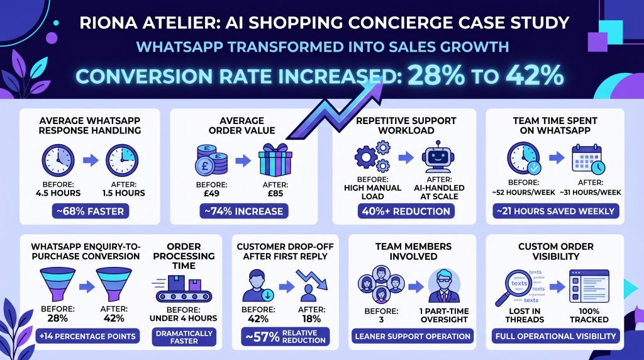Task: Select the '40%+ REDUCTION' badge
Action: coord(406,211)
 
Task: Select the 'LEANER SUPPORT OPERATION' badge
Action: coord(413,336)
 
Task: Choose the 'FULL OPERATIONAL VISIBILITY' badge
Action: coord(555,336)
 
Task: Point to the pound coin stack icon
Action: coord(211,159)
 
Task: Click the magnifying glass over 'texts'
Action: coord(519,284)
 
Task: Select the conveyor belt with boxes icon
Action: coord(184,289)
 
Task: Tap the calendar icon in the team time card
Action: coord(589,159)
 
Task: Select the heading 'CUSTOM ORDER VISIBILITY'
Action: coord(555,251)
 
